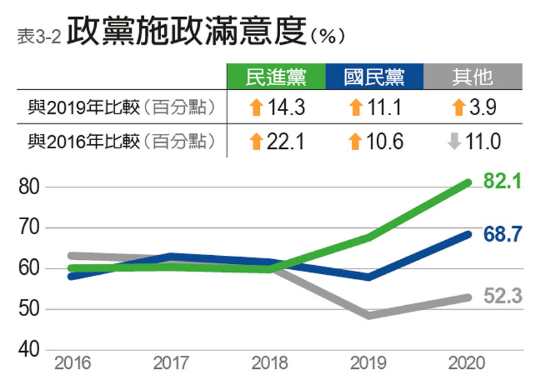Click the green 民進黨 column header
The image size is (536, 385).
(x=275, y=77)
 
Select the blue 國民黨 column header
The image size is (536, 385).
(x=374, y=77)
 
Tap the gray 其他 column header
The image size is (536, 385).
(x=472, y=77)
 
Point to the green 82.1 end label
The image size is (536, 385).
(x=502, y=181)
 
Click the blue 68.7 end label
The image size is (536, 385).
(x=502, y=234)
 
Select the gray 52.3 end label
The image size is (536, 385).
(x=502, y=296)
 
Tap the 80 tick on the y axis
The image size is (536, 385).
(x=29, y=187)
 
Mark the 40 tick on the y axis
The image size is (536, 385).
(x=29, y=350)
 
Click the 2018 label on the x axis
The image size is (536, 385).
(x=270, y=363)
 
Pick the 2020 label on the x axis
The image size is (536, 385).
(x=467, y=363)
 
